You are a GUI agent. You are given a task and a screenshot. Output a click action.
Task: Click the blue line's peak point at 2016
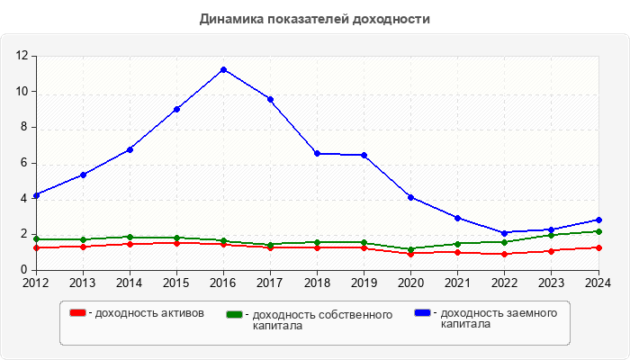223,69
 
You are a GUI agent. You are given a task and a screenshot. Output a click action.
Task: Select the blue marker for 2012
36,195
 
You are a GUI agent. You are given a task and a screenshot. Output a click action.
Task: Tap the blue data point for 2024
598,220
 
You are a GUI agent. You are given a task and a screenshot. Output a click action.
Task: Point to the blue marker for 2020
411,197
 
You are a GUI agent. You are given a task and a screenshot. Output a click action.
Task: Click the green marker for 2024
598,231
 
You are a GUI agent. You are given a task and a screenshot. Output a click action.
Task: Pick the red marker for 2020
411,254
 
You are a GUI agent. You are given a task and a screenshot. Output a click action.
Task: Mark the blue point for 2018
317,153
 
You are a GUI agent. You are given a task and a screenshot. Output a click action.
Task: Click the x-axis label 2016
223,283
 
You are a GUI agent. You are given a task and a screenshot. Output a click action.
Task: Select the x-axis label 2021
457,283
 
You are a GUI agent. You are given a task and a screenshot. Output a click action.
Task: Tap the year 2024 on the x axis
598,283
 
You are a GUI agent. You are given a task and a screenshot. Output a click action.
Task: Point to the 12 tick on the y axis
22,56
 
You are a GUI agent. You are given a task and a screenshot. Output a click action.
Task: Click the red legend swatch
77,313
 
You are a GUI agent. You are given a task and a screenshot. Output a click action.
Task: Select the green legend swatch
235,315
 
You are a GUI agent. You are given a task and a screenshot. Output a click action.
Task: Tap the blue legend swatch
422,313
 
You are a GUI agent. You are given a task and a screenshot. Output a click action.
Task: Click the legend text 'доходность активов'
148,313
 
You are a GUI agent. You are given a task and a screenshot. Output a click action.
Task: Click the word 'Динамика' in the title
229,19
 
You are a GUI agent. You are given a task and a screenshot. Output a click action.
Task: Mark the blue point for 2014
130,149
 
